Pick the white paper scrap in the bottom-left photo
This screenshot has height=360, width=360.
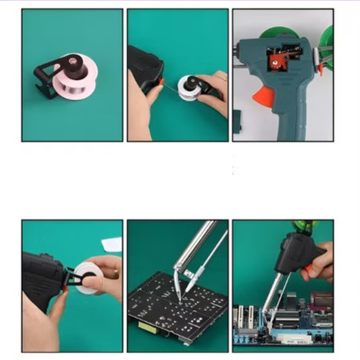coord(111,244)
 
